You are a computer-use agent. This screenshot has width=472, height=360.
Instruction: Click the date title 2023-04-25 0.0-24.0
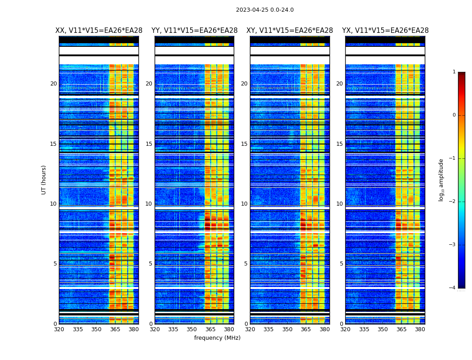click(x=265, y=10)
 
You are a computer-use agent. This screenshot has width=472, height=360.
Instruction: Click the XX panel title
click(x=99, y=31)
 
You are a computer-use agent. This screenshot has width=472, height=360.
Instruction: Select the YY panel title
click(x=194, y=31)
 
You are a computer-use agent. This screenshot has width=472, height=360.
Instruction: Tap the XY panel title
click(x=289, y=31)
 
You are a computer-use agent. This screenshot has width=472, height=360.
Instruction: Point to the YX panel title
click(x=385, y=31)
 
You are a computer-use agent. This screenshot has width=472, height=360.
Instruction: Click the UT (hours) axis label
click(x=44, y=180)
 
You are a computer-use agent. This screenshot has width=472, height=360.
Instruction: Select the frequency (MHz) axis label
click(x=217, y=338)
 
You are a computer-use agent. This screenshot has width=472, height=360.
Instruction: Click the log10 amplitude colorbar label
click(x=441, y=180)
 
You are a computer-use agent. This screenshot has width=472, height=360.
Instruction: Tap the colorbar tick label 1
click(x=454, y=72)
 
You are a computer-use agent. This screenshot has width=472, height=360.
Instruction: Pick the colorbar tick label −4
click(x=453, y=288)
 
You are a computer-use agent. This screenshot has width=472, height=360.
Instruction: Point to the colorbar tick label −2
click(x=453, y=202)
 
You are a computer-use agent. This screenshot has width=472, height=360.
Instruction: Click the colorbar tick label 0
click(x=454, y=115)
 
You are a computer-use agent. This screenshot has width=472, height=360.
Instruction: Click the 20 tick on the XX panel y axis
click(x=53, y=84)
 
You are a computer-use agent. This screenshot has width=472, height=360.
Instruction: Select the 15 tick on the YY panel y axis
click(x=149, y=144)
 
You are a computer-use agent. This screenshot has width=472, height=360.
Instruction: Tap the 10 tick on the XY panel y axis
click(x=244, y=204)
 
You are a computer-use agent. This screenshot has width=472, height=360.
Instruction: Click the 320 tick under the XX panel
click(x=59, y=329)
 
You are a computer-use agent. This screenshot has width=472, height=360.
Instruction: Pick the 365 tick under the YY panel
click(x=210, y=329)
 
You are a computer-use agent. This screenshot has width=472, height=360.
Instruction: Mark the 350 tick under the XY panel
click(x=287, y=329)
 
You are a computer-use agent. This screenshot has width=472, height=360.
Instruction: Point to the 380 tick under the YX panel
click(x=420, y=329)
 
